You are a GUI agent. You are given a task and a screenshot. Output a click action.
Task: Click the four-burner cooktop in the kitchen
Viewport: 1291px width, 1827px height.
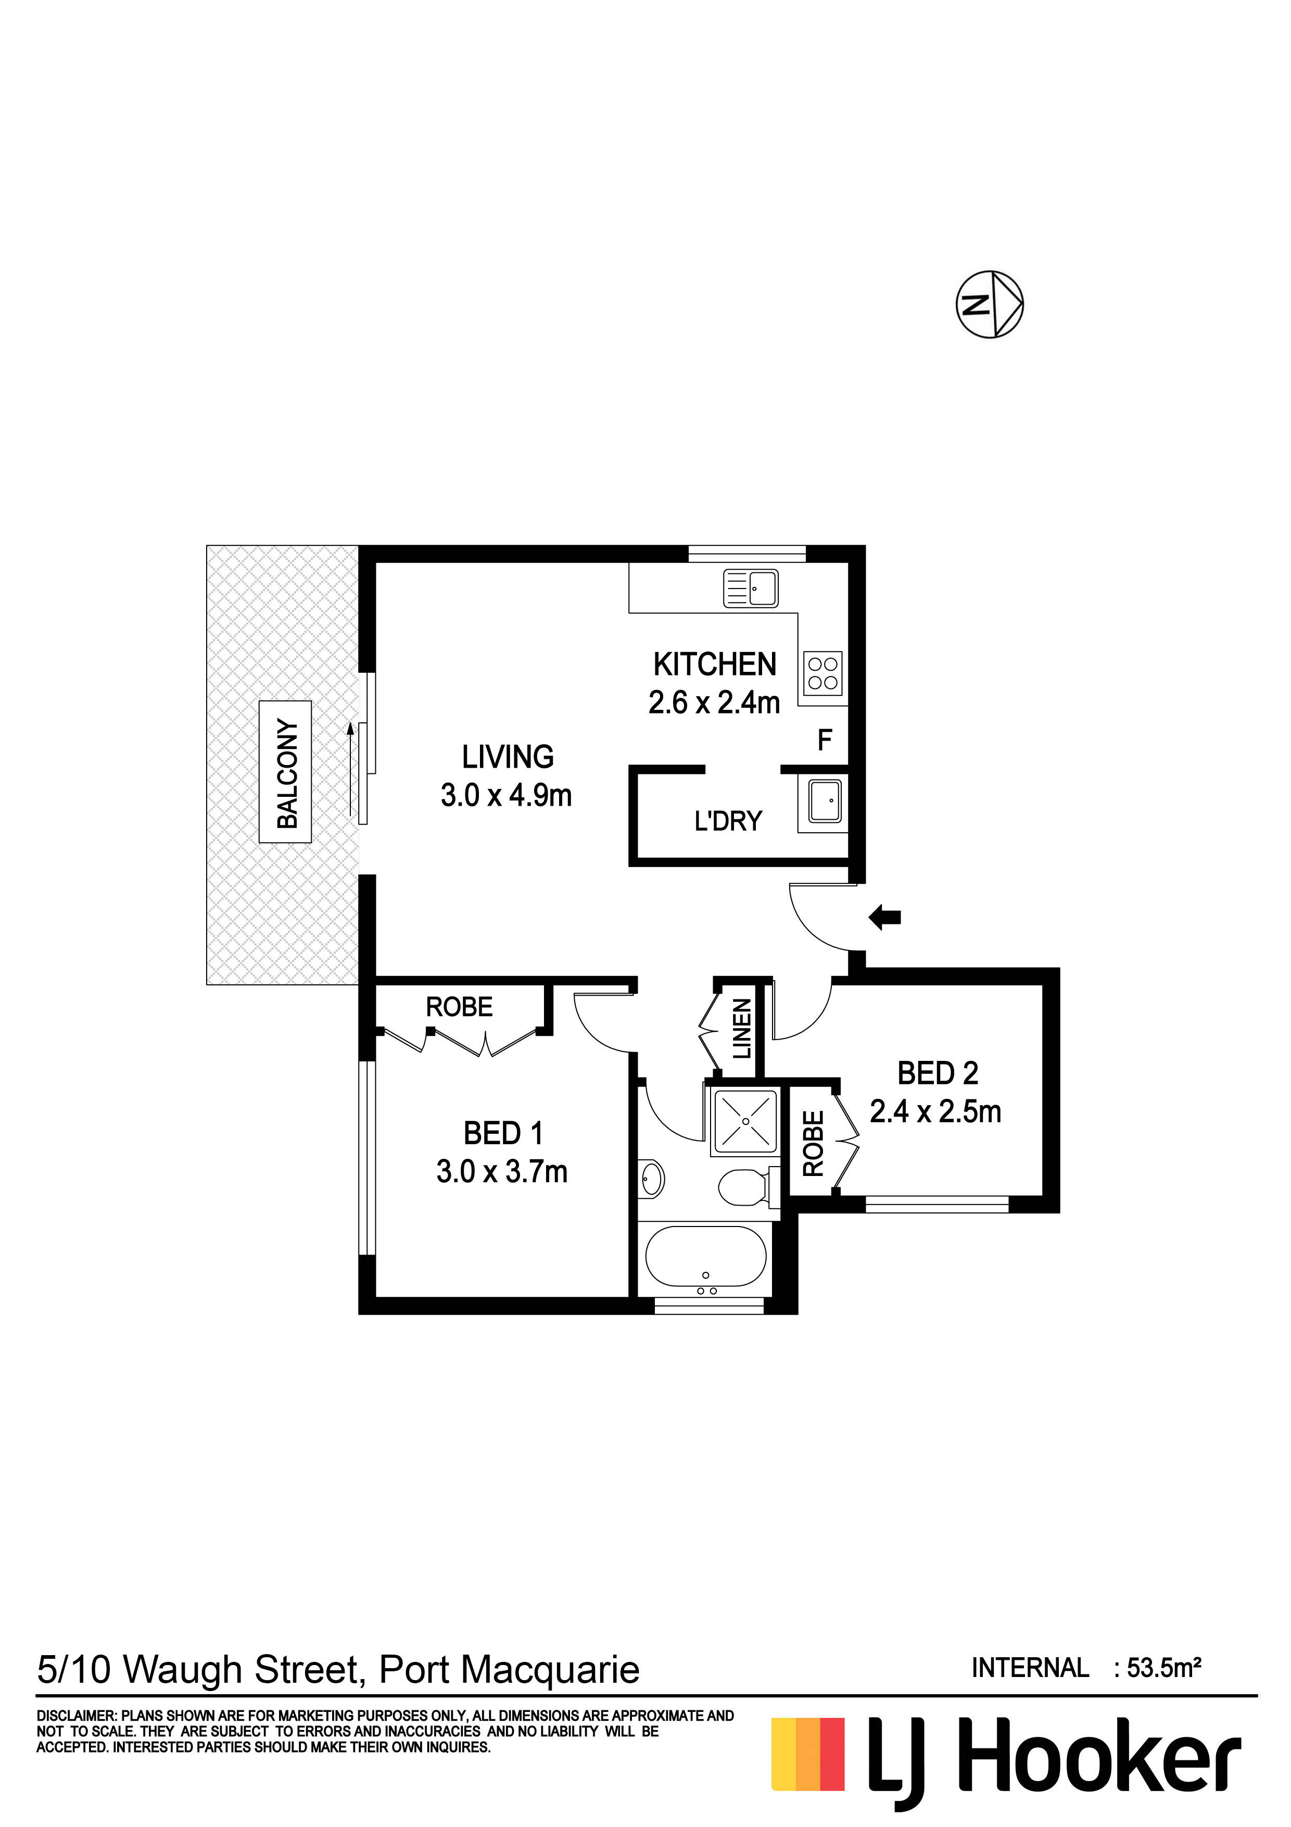tap(822, 672)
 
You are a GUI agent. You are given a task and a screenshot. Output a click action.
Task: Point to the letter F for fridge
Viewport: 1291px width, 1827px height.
tap(825, 741)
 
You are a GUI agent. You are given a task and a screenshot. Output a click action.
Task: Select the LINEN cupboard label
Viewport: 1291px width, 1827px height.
tap(741, 1030)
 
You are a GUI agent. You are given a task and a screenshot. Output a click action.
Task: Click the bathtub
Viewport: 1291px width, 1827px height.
tap(705, 1257)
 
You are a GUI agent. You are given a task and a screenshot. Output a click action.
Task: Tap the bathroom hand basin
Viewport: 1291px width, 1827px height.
tap(652, 1179)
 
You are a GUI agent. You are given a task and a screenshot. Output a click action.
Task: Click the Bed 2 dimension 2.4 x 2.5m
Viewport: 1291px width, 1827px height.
tap(935, 1111)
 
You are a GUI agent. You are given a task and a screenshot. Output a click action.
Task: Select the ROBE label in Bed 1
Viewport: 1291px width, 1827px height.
tap(459, 1007)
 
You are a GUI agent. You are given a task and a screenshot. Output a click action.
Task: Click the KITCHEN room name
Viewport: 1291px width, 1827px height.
tap(714, 665)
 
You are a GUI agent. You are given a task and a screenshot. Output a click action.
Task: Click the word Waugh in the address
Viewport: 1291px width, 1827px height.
tap(183, 1669)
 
